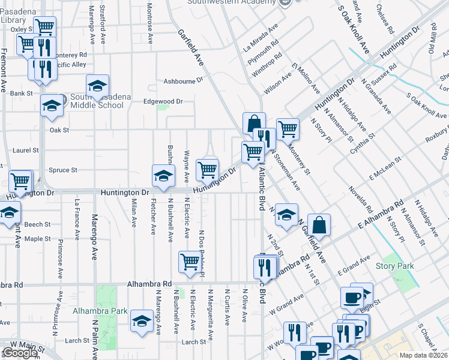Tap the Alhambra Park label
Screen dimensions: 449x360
click(100, 311)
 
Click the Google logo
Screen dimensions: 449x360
click(20, 353)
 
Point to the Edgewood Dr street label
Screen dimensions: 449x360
click(163, 101)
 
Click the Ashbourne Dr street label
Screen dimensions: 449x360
click(184, 80)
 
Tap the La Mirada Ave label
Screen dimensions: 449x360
click(261, 37)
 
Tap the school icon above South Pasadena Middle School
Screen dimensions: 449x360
click(97, 86)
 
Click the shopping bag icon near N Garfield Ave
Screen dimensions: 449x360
click(319, 224)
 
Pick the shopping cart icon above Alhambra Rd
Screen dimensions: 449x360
click(190, 261)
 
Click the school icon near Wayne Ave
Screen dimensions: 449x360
click(162, 175)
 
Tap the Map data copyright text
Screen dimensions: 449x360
click(423, 355)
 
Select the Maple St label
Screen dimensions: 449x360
click(37, 238)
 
